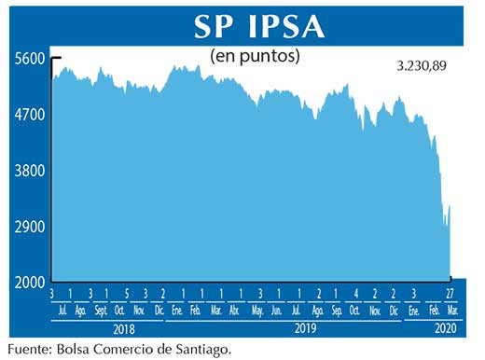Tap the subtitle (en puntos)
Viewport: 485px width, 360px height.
point(256,56)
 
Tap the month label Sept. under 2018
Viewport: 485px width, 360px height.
point(100,310)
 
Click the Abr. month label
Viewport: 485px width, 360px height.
point(236,310)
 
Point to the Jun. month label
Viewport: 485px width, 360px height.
point(277,310)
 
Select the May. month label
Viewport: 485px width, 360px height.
point(256,310)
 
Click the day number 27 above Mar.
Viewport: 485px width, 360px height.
point(450,294)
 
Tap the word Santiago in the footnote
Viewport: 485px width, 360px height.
point(198,350)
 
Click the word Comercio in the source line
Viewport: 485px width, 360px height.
point(128,350)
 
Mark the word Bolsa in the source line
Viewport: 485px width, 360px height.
point(76,350)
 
